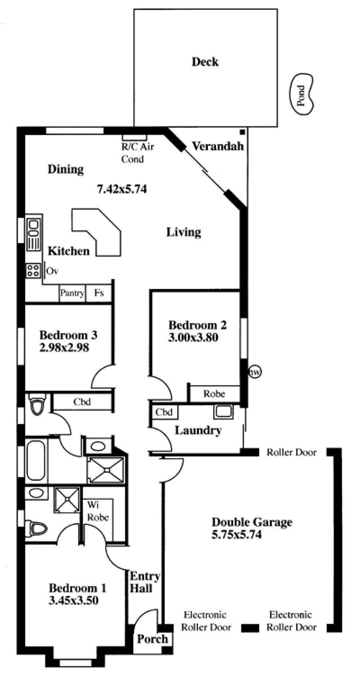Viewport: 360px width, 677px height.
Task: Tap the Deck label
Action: tap(205, 62)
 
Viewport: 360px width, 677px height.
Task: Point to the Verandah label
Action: tap(218, 146)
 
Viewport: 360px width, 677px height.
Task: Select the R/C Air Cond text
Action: tap(138, 153)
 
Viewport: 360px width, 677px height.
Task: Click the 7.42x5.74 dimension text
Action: tap(122, 190)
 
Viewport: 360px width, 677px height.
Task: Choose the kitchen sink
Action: tap(33, 235)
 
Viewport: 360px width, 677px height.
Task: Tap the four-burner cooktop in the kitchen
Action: tap(33, 271)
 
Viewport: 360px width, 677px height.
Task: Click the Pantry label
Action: tap(72, 293)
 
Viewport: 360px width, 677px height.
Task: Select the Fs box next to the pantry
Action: tap(99, 293)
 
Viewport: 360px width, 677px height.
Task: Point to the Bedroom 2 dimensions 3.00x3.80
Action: tap(193, 338)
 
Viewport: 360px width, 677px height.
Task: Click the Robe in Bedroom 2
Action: tap(214, 394)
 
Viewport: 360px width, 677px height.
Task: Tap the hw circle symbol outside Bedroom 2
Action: tap(255, 372)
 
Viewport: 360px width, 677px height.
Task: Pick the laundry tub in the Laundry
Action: tap(224, 412)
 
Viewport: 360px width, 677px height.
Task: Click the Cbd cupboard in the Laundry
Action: tap(164, 412)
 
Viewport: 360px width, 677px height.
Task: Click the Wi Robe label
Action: tap(98, 511)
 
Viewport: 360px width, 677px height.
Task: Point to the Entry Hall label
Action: tap(144, 582)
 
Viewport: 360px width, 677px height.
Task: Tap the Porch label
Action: tap(153, 639)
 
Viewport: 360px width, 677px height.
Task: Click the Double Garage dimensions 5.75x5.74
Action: tap(237, 535)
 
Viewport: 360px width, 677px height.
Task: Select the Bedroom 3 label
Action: tap(68, 335)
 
